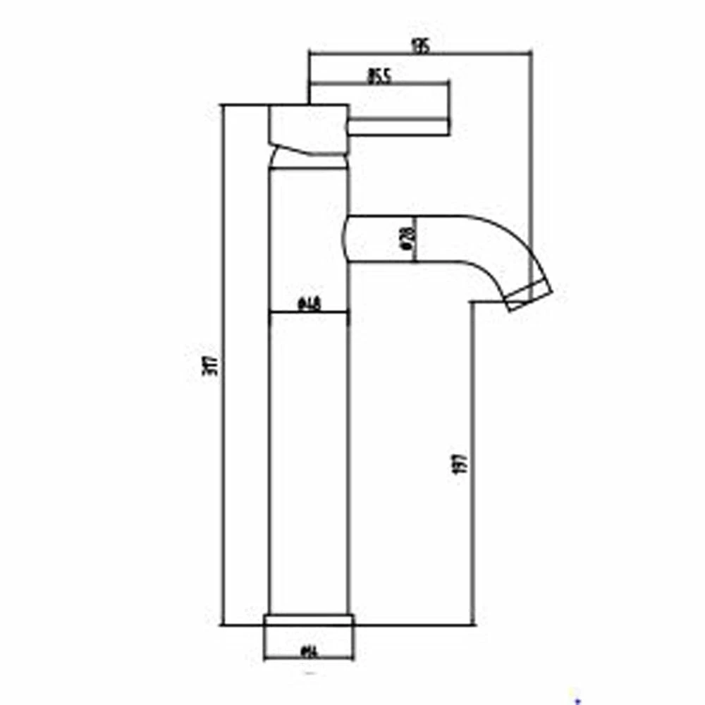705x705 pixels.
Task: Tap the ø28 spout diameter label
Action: [x=405, y=240]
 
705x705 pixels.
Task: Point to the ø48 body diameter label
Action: [x=310, y=305]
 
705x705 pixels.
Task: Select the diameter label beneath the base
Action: [x=309, y=651]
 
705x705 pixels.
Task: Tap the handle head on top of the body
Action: [x=309, y=127]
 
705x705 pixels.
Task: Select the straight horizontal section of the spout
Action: [x=409, y=240]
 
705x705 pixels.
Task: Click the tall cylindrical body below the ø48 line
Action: [x=310, y=458]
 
